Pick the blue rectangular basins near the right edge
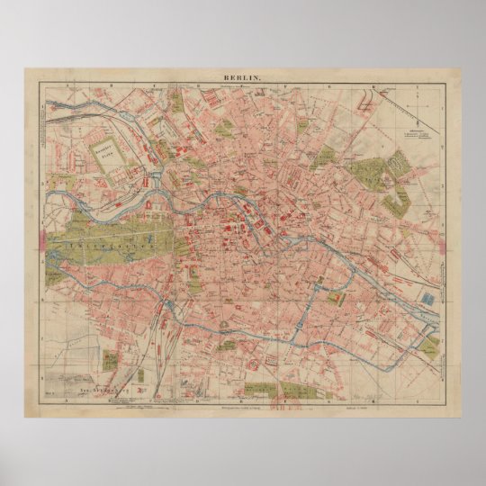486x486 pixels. tap(429, 297)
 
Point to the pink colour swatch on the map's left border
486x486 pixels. tap(43, 240)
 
